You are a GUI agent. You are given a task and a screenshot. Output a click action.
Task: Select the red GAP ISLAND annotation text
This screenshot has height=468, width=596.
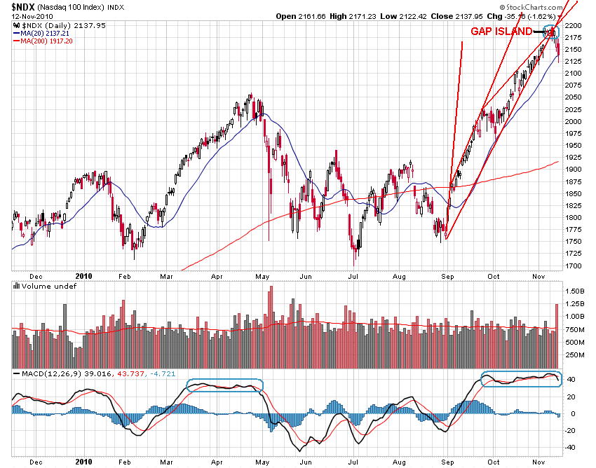click(501, 32)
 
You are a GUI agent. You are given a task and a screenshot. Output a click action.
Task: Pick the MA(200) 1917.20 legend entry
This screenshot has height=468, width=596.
click(48, 41)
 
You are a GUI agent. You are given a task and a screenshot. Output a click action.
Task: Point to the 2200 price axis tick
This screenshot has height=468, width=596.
click(574, 25)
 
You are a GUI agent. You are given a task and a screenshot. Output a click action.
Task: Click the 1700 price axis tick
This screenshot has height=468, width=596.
click(574, 266)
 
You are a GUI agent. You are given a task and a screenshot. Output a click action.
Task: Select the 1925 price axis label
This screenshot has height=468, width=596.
click(574, 158)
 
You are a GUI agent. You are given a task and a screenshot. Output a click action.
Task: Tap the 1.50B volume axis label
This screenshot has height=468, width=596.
click(576, 290)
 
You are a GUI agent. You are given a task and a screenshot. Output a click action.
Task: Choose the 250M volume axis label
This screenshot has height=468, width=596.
click(576, 355)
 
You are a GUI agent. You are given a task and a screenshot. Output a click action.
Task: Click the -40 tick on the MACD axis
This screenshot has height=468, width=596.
click(571, 447)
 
